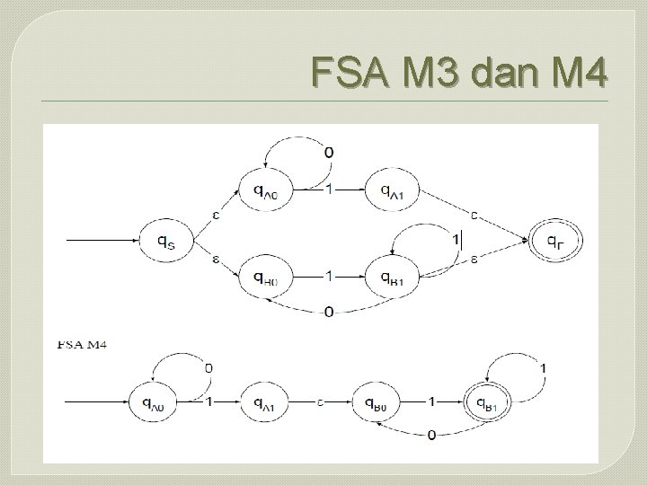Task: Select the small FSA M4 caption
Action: click(x=83, y=344)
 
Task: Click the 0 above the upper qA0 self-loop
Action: click(x=328, y=153)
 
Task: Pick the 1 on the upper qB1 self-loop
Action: click(x=456, y=238)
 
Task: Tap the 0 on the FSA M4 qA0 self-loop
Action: click(x=208, y=367)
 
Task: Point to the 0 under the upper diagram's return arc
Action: click(x=329, y=312)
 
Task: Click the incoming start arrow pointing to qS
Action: click(x=99, y=241)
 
